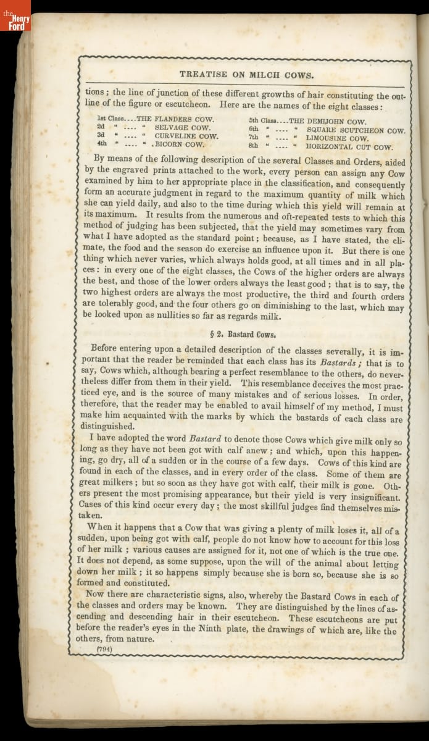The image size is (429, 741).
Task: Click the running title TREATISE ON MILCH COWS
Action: click(x=246, y=74)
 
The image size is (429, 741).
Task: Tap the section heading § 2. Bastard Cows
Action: click(x=245, y=335)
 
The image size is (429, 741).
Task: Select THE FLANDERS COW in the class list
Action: click(x=175, y=118)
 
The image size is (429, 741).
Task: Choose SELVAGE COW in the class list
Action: click(x=182, y=127)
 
